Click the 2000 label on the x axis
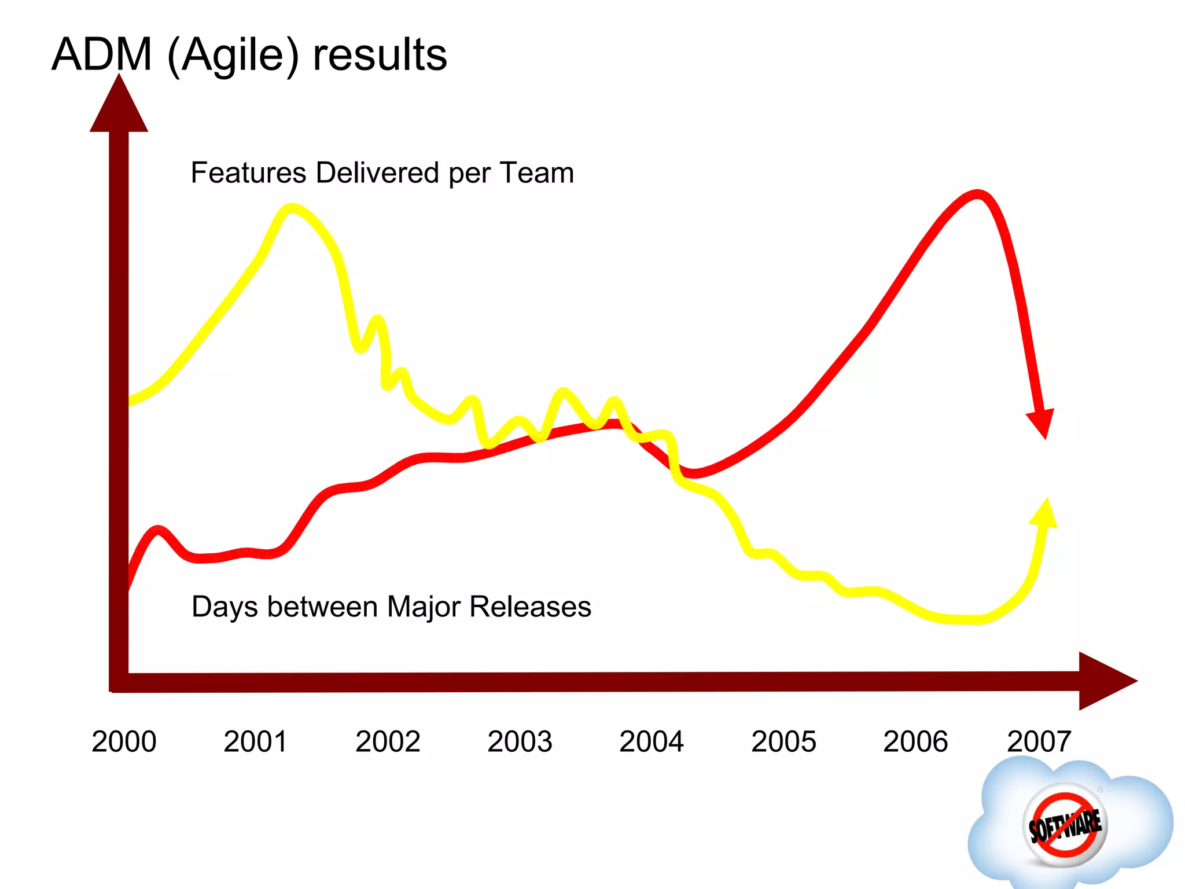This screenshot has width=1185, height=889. [x=124, y=741]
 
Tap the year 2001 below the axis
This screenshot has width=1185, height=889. [x=255, y=741]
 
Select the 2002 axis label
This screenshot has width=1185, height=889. [x=388, y=741]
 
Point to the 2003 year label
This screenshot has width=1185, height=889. [x=520, y=741]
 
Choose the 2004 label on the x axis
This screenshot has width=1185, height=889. [x=652, y=741]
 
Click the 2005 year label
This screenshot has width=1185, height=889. [x=783, y=741]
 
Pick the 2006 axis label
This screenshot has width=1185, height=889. [x=915, y=741]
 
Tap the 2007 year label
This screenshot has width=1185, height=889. [x=1039, y=741]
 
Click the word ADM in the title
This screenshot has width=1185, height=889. [x=102, y=55]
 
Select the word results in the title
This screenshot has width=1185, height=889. [x=380, y=55]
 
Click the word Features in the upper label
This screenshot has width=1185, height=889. [x=249, y=172]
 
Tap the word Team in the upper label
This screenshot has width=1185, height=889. [x=537, y=172]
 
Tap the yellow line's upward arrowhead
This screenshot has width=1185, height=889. [x=1045, y=514]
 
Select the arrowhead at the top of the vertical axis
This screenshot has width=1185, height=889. [x=119, y=107]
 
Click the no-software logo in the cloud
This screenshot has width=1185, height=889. [x=1065, y=825]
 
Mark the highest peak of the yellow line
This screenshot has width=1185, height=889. [x=291, y=208]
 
